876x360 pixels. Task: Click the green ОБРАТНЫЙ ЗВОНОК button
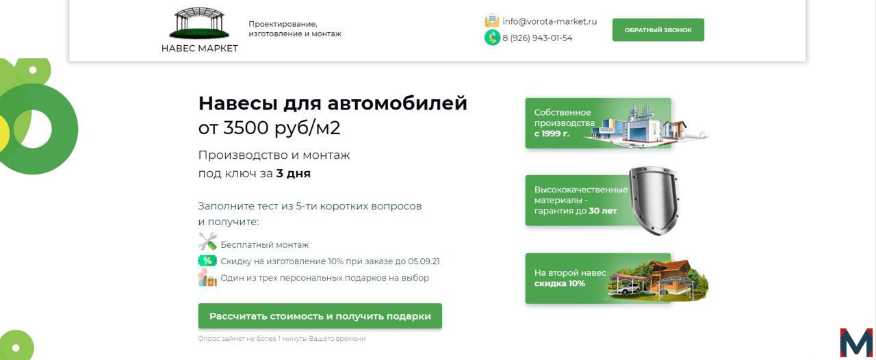658,29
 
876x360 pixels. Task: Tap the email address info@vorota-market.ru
550,21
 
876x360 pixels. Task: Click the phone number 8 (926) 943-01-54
537,38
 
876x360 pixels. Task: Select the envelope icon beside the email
492,21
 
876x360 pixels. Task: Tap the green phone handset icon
492,38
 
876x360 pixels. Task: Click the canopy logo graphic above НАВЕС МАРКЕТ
199,23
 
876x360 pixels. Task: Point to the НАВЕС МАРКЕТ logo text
199,49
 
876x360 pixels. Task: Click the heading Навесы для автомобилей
333,103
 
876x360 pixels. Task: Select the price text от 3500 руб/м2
269,128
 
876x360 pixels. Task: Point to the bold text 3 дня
294,173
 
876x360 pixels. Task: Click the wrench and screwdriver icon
207,242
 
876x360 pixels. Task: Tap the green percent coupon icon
207,261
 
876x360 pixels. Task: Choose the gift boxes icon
207,278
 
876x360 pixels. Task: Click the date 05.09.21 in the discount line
424,261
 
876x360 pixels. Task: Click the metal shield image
655,201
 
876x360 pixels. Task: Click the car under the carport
628,289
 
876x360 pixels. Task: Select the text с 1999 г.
552,134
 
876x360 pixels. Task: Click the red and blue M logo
856,343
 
